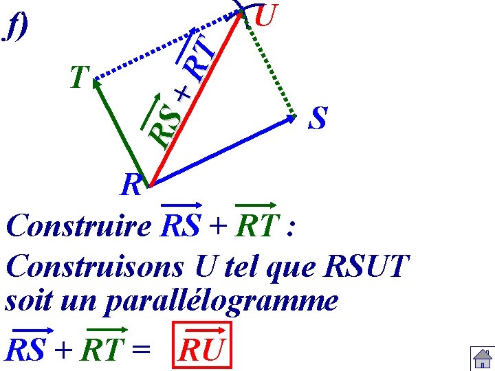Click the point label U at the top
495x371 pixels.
[x=265, y=15]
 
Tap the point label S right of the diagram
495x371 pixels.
[x=318, y=117]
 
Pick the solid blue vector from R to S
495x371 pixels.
[x=220, y=151]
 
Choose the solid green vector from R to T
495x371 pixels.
[x=120, y=131]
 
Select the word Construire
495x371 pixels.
[x=77, y=226]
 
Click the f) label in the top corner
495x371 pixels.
[x=16, y=27]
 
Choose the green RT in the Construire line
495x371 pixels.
[x=255, y=226]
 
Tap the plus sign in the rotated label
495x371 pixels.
[x=182, y=93]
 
